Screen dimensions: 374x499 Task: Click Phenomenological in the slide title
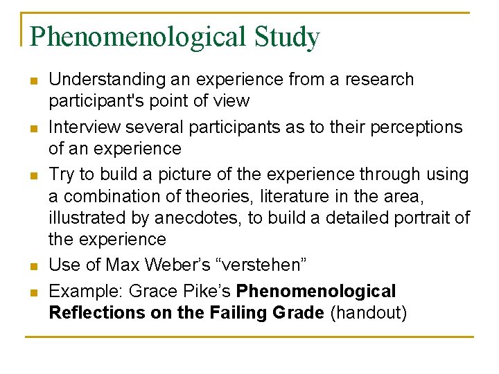[x=136, y=37]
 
